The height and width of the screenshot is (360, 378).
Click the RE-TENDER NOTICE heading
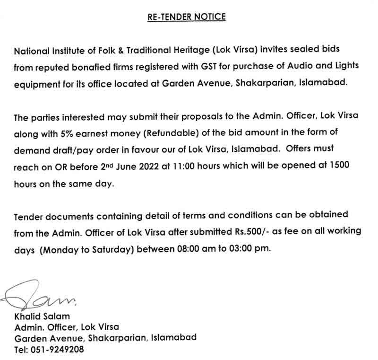[x=187, y=17]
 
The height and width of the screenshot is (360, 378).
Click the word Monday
[x=61, y=249]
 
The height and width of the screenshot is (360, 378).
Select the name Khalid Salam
[x=43, y=316]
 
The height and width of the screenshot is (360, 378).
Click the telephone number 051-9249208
[x=58, y=351]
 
